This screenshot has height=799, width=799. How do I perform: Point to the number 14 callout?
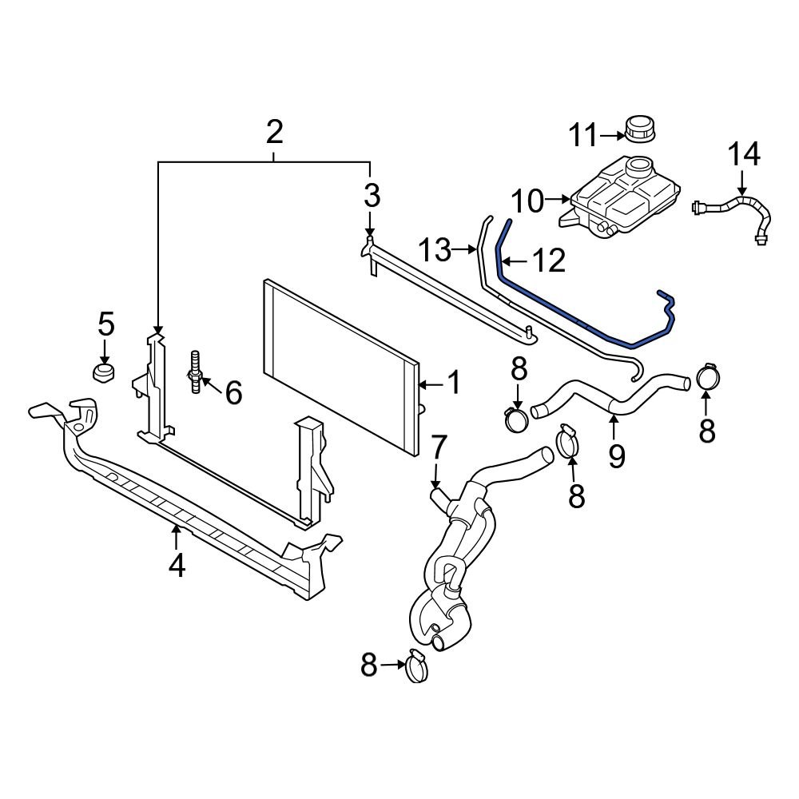[743, 153]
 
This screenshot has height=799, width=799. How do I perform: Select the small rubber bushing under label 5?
[102, 372]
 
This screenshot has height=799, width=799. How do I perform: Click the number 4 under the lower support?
[177, 565]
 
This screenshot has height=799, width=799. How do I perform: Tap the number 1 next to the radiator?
[453, 384]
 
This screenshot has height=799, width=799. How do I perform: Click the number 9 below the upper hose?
[616, 456]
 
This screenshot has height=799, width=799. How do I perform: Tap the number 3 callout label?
[372, 194]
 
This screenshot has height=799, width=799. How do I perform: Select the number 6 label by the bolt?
[233, 392]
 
